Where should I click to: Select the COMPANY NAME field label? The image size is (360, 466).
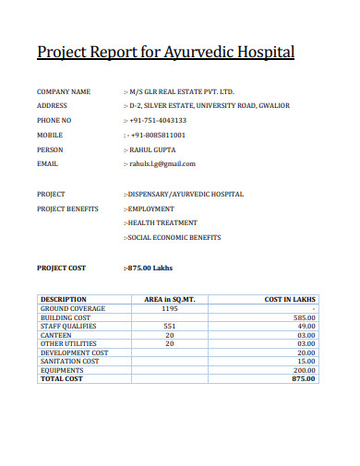coord(64,92)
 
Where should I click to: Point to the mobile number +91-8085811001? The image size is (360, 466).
coord(159,135)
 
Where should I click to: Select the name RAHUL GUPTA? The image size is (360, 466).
coord(152,149)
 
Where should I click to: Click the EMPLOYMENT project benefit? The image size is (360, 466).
coord(150,209)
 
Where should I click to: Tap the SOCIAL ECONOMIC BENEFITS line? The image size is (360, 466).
coord(174,237)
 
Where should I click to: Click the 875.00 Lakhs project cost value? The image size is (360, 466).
coord(150,268)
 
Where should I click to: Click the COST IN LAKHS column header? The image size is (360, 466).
coord(290,300)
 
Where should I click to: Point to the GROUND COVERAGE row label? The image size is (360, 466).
coord(73,308)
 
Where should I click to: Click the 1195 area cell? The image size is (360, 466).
coord(170,308)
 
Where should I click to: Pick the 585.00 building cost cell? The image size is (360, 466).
coord(305,317)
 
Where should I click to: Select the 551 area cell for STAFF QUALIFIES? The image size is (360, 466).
coord(170,326)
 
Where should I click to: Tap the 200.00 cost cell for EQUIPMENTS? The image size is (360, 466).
coord(305,369)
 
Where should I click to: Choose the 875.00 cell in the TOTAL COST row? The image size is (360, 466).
coord(304,378)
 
